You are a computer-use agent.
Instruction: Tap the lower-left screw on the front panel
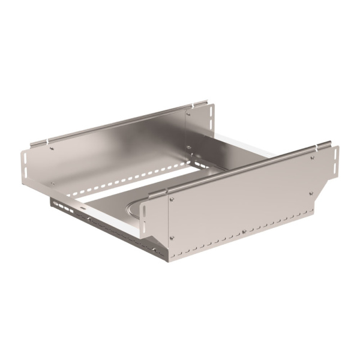pyautogui.click(x=172, y=238)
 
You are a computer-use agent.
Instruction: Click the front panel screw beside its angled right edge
pyautogui.click(x=310, y=193)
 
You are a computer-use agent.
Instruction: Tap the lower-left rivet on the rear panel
pyautogui.click(x=52, y=184)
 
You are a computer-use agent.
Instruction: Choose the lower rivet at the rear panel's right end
pyautogui.click(x=188, y=146)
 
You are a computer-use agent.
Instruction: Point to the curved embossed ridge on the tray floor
pyautogui.click(x=133, y=208)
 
